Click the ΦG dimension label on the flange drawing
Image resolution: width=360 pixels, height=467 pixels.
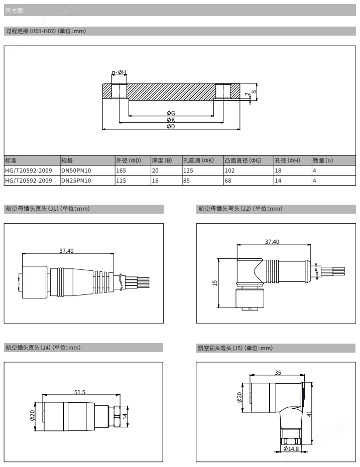coord(171,113)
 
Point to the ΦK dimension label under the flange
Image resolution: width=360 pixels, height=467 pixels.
coord(171,120)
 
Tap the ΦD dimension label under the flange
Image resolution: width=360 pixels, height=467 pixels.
coord(171,126)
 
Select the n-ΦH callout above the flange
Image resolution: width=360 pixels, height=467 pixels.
coord(119,72)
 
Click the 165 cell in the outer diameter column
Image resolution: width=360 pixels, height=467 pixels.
coord(121,171)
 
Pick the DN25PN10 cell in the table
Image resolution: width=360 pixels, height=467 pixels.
coord(76,181)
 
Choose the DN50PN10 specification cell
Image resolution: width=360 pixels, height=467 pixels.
coord(76,171)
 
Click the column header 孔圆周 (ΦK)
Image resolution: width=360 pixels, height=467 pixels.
coord(198,161)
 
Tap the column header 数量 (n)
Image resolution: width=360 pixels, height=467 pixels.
coord(323,161)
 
